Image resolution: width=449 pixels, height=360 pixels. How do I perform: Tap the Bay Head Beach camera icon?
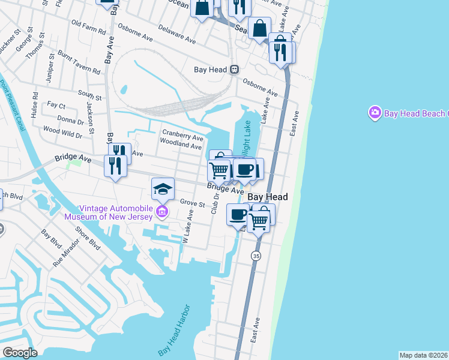[375, 113]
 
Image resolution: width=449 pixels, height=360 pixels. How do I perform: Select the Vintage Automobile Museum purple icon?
[161, 211]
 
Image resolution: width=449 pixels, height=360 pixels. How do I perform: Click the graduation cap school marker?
[162, 189]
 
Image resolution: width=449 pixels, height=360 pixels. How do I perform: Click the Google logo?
[20, 352]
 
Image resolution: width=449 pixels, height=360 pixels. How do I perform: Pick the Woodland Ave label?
[180, 146]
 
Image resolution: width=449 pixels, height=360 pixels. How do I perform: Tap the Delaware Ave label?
[178, 34]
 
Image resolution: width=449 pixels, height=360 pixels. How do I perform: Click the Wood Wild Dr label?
[62, 130]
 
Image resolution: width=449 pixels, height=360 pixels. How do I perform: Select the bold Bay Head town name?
[267, 197]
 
